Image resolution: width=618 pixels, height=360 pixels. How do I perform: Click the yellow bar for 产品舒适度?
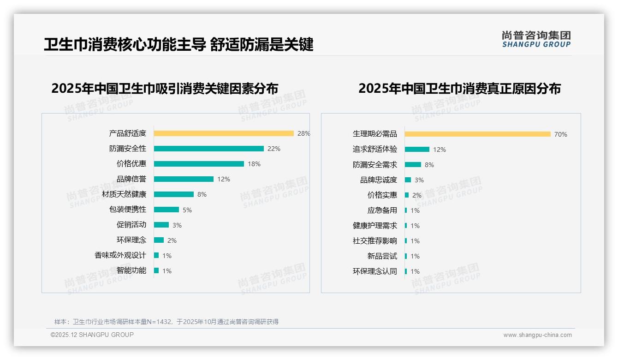tap(224, 133)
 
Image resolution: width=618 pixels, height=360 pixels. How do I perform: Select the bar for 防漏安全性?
tap(208, 149)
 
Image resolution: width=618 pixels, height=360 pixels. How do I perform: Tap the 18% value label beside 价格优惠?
tap(254, 164)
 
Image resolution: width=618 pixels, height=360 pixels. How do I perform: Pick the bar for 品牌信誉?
tap(184, 179)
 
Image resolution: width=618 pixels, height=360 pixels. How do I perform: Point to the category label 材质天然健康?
tap(124, 194)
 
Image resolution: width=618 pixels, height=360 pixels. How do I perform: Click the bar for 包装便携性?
tap(166, 210)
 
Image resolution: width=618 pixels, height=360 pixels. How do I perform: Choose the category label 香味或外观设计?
tap(120, 255)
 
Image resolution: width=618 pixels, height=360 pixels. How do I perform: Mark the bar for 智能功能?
tap(156, 270)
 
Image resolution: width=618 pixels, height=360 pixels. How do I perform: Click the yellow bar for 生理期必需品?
tap(477, 134)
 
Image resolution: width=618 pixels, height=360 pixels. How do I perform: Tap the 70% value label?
tap(561, 134)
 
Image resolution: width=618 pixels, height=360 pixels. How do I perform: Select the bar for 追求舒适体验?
tap(417, 150)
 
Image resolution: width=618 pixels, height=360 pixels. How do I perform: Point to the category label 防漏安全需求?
tap(375, 165)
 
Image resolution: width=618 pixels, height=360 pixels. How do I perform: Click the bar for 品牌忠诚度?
tap(408, 180)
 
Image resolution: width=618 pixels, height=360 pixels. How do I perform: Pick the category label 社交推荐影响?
tap(375, 241)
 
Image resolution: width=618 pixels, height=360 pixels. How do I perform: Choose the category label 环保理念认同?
tap(375, 271)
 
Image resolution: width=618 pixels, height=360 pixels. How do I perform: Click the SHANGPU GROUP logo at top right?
tap(536, 39)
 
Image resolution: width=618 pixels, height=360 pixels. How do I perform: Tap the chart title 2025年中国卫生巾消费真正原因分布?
tap(459, 89)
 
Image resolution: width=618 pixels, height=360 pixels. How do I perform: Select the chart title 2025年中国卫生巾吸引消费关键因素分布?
tap(165, 89)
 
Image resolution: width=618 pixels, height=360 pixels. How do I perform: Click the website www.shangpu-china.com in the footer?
tap(537, 335)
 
